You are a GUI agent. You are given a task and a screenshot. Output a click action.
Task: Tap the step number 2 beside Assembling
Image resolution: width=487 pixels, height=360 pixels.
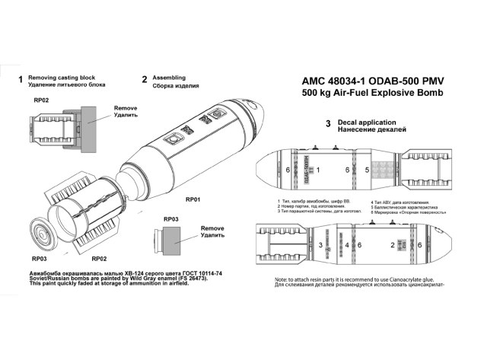coord(145,79)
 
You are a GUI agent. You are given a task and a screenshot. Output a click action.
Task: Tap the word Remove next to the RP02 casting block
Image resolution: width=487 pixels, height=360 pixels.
coord(125,108)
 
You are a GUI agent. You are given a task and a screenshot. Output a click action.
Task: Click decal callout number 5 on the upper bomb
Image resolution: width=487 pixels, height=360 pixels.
coord(368,169)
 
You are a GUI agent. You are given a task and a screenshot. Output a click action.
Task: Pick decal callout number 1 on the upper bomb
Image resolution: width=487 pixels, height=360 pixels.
coord(317,169)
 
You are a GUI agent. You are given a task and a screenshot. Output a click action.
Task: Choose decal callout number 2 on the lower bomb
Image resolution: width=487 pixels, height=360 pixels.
coord(393,245)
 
